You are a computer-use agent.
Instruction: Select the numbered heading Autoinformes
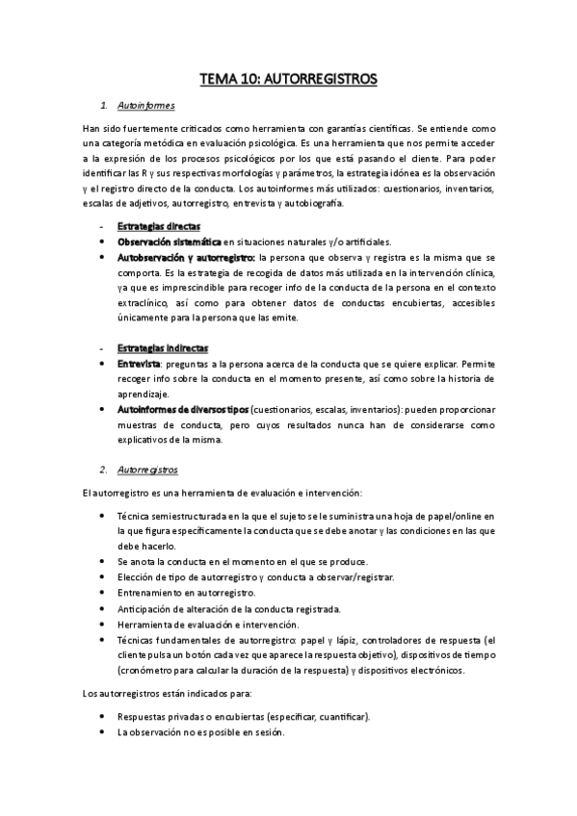click(145, 105)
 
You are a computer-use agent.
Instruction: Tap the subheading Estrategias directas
click(152, 226)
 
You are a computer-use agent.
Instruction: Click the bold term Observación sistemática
click(170, 242)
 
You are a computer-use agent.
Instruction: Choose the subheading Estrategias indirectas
click(156, 347)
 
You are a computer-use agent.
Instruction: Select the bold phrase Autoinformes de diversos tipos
click(183, 409)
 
